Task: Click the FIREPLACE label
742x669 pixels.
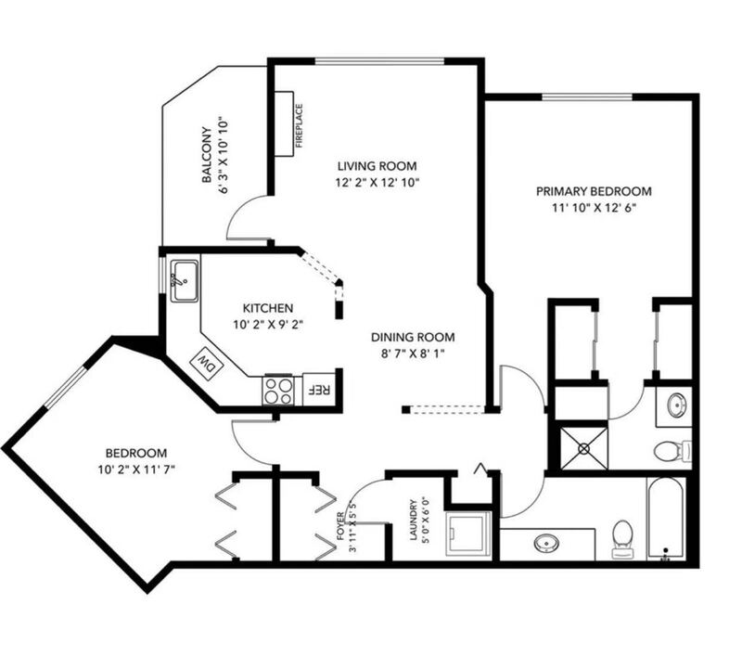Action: tap(299, 126)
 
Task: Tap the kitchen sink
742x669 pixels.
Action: tap(185, 281)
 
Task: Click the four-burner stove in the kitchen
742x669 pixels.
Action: tap(278, 392)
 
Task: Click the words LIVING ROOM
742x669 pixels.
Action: tap(377, 166)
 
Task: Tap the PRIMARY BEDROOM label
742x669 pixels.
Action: tap(594, 191)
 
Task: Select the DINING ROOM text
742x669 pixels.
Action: tap(413, 337)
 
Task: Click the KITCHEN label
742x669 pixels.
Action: tap(268, 308)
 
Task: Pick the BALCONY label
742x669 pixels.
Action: tap(206, 154)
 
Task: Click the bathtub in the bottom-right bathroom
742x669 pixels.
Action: tap(666, 519)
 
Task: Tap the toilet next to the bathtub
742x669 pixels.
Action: tap(622, 539)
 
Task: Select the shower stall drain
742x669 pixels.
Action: tap(583, 448)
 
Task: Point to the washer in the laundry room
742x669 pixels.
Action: tap(467, 534)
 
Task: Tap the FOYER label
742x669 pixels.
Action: tap(339, 526)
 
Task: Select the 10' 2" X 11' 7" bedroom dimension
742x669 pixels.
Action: tap(136, 470)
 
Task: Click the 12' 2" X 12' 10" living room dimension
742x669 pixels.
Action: tap(377, 182)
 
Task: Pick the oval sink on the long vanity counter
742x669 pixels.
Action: tap(546, 543)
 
